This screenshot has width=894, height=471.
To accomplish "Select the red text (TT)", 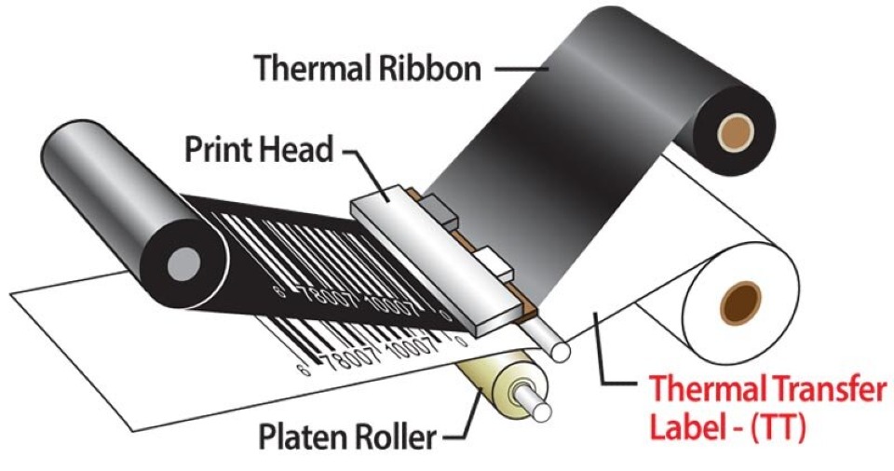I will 773,429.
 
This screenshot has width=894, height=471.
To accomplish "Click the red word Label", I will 682,429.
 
